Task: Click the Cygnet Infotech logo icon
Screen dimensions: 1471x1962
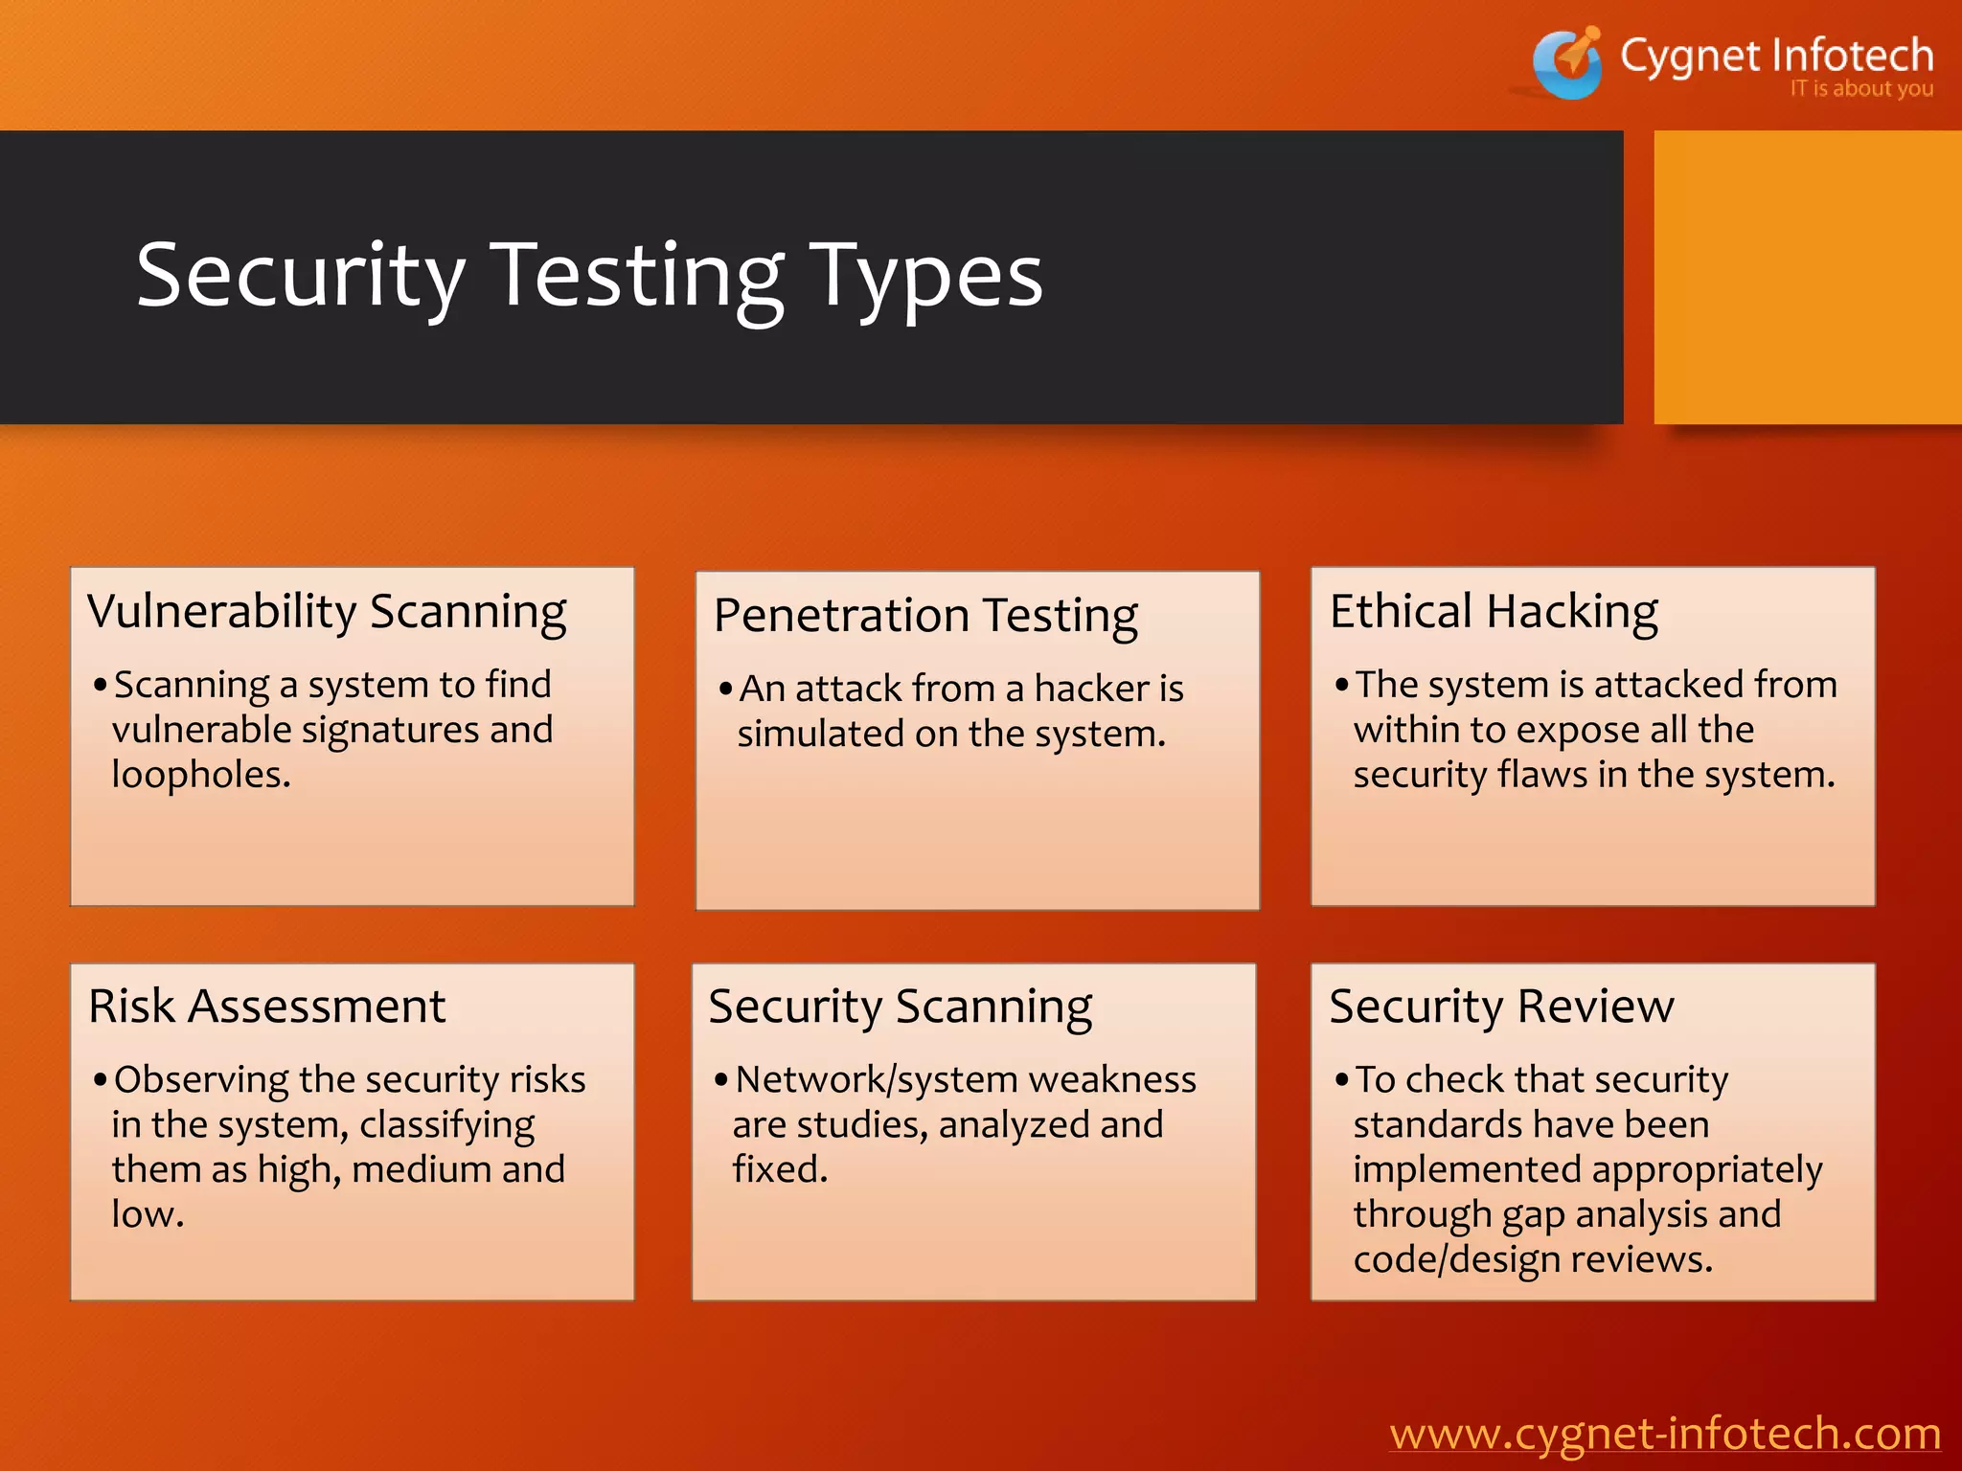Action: point(1568,63)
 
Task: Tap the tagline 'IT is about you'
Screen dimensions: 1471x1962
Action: point(1860,89)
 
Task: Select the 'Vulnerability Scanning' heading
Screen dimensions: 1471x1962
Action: point(327,612)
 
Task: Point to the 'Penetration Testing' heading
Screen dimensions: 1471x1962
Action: point(925,616)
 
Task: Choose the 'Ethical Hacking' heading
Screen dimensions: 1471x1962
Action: point(1494,612)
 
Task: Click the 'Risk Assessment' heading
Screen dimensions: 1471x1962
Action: point(267,1007)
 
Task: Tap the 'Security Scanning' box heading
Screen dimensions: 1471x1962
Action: point(900,1007)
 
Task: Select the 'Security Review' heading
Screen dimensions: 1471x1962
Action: point(1501,1007)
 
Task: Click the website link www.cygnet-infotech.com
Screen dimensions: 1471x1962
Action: point(1665,1434)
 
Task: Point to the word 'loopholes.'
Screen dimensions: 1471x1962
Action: point(201,774)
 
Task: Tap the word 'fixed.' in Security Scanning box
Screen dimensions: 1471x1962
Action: point(780,1169)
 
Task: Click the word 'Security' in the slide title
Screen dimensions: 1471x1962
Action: point(301,277)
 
